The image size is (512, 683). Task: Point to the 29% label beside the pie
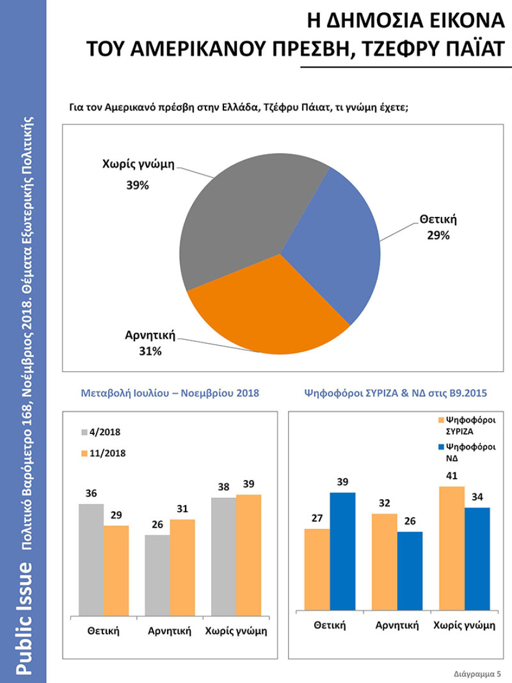[436, 236]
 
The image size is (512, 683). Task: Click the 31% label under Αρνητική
[150, 351]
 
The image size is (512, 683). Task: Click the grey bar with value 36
[91, 559]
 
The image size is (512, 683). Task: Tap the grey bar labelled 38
[223, 556]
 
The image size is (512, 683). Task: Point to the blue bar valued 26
[410, 571]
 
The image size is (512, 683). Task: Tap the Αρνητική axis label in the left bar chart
[170, 631]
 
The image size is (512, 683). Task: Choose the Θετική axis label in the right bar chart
[330, 625]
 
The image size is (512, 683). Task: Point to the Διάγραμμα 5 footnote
[477, 673]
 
